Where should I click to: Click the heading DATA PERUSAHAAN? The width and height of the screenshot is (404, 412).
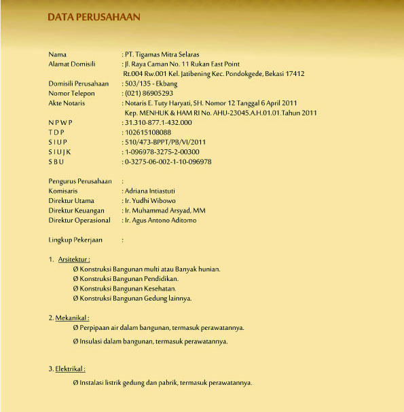click(x=94, y=16)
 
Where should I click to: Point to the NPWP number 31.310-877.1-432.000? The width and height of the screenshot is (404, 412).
click(x=158, y=122)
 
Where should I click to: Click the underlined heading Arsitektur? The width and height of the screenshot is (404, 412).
click(x=74, y=259)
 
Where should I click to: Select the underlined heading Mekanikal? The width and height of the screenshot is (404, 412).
click(x=73, y=318)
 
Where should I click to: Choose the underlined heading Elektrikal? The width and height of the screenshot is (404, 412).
click(x=71, y=369)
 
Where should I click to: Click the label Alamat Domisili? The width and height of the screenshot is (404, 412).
click(x=72, y=64)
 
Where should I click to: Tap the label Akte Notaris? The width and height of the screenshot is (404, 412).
click(x=68, y=103)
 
